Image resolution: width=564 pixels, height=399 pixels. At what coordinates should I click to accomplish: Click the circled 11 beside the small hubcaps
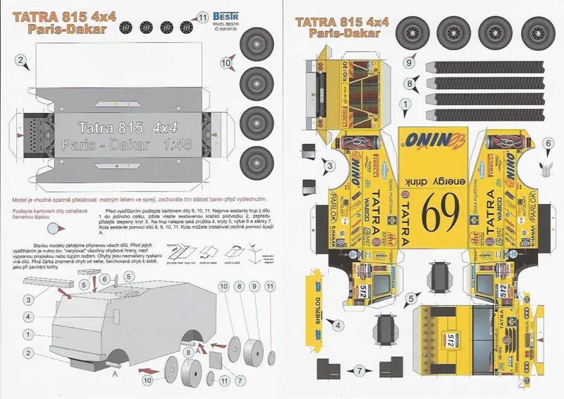tap(204, 16)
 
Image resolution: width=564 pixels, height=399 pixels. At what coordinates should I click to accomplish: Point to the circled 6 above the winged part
tap(548, 143)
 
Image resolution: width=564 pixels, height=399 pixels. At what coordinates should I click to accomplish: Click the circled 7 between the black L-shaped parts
tap(359, 369)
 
